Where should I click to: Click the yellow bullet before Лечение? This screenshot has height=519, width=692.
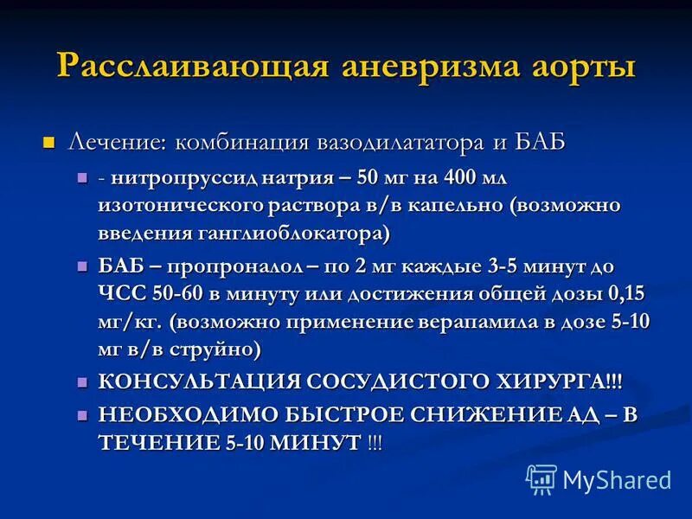[x=49, y=141]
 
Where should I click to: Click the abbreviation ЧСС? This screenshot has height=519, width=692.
[x=122, y=294]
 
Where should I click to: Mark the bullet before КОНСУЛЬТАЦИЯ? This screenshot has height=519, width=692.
[x=82, y=381]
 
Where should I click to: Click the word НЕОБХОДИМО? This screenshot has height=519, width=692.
[x=184, y=414]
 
